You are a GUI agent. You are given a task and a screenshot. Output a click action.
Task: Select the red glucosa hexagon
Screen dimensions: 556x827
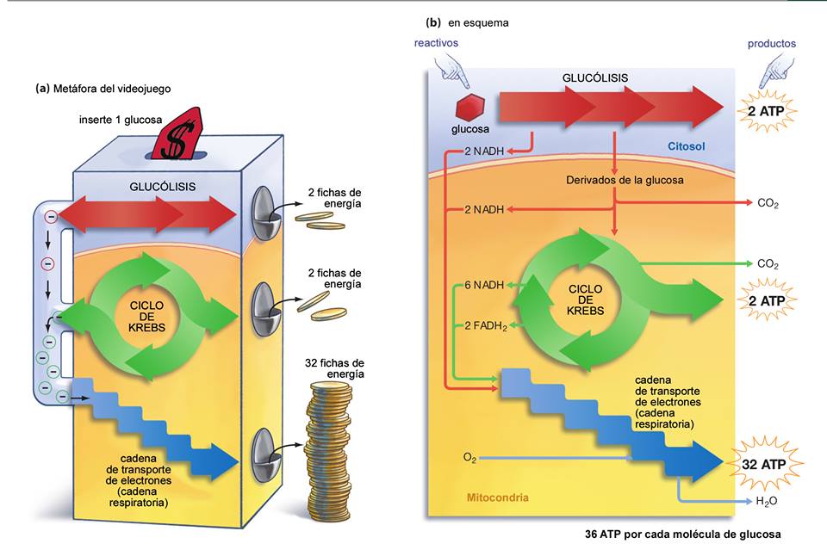tap(469, 108)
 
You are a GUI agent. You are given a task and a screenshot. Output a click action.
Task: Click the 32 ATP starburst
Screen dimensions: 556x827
tap(767, 463)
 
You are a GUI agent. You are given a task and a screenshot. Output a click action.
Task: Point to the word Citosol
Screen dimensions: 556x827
tap(687, 147)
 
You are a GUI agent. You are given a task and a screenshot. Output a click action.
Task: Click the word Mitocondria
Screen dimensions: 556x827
tap(497, 497)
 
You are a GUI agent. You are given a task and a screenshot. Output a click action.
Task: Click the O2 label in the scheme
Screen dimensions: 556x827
tap(469, 458)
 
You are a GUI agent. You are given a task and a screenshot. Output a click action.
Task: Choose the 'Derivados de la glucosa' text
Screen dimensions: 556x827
tap(614, 180)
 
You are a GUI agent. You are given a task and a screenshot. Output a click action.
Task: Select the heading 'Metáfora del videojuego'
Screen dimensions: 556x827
tap(110, 88)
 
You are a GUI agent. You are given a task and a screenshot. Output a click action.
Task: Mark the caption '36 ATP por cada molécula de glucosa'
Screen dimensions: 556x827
tap(682, 534)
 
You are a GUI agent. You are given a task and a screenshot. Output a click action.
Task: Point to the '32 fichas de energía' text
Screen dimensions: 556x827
tap(335, 368)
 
